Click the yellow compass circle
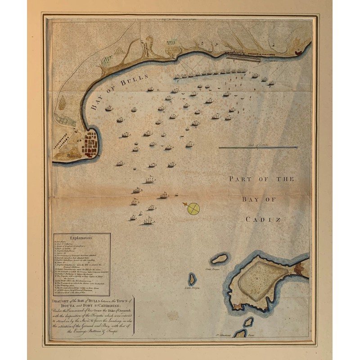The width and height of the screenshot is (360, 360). coord(193,208)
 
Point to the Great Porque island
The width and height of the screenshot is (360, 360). coord(220,259)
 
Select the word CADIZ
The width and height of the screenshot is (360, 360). coord(263,220)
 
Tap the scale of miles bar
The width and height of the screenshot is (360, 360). coord(258,147)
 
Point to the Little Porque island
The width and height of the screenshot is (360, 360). coord(192,279)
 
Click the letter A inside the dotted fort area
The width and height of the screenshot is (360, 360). coord(257,279)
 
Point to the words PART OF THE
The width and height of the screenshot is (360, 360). coord(261,179)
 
